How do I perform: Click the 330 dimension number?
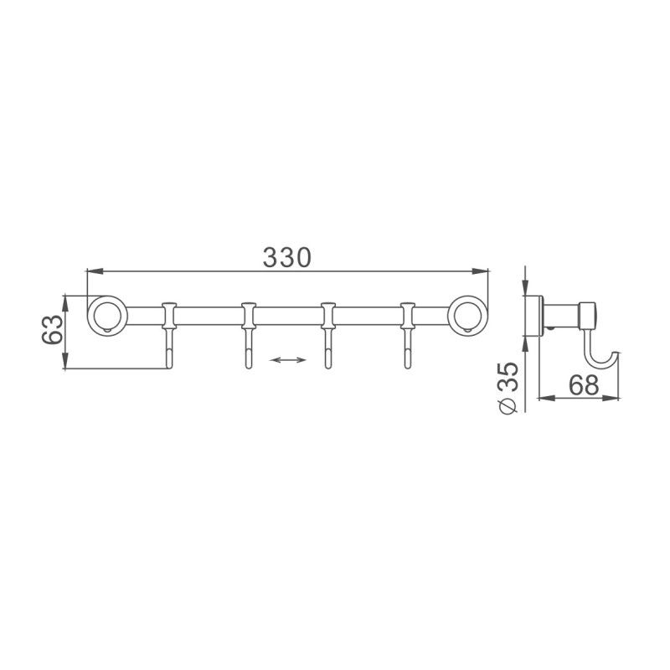287,257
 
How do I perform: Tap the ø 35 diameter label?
506,384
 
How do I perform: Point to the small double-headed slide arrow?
288,360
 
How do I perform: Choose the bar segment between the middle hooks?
288,317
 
